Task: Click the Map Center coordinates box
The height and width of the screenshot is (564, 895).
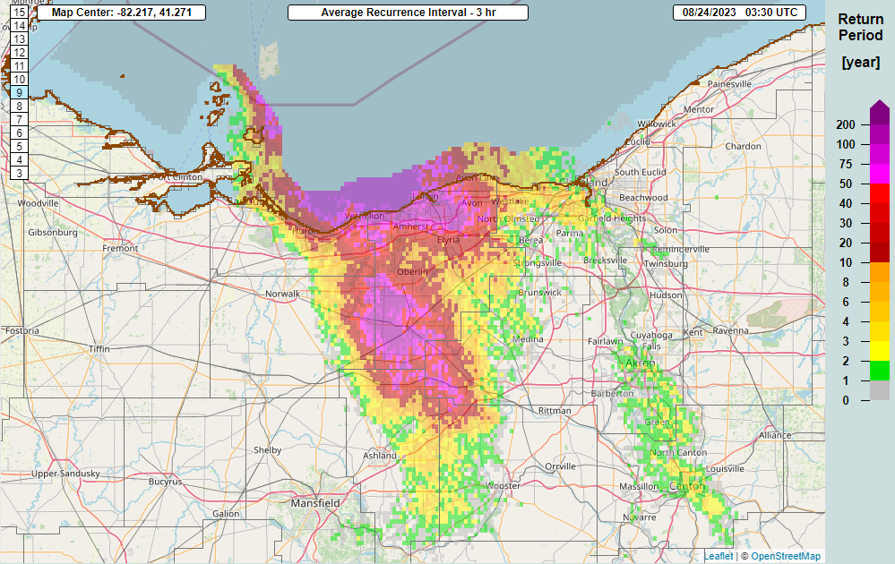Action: pyautogui.click(x=122, y=13)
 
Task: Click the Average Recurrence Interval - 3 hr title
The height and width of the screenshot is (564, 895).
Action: pyautogui.click(x=408, y=13)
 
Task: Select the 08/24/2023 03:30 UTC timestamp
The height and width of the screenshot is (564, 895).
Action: pyautogui.click(x=738, y=13)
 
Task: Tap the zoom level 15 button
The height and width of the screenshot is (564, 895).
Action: pyautogui.click(x=20, y=13)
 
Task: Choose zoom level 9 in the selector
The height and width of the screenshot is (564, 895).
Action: pyautogui.click(x=20, y=92)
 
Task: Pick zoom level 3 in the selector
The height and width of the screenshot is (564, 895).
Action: pyautogui.click(x=20, y=173)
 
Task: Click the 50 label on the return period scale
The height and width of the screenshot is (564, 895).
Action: pyautogui.click(x=847, y=184)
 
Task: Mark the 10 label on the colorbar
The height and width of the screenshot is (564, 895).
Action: pyautogui.click(x=847, y=262)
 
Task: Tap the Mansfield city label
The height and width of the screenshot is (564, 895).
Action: pyautogui.click(x=315, y=504)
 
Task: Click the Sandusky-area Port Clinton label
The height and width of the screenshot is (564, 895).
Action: pyautogui.click(x=175, y=177)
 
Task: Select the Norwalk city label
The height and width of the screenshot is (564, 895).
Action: pyautogui.click(x=282, y=294)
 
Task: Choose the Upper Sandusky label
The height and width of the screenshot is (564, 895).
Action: pyautogui.click(x=65, y=473)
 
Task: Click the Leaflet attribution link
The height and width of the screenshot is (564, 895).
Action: pyautogui.click(x=718, y=557)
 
